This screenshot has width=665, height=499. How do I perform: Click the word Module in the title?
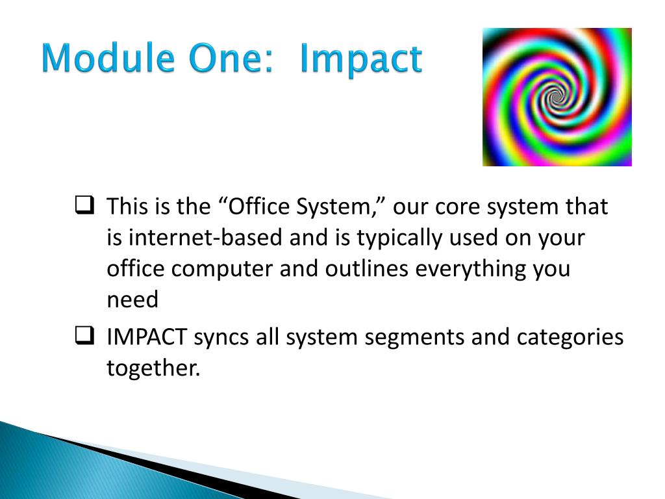[x=108, y=58]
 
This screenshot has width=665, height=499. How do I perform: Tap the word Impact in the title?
[x=361, y=60]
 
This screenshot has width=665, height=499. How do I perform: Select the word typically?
[x=399, y=238]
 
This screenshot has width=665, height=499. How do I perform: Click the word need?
[x=132, y=300]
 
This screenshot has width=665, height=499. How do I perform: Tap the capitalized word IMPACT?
[x=147, y=337]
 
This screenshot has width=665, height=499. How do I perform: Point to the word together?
[x=153, y=368]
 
